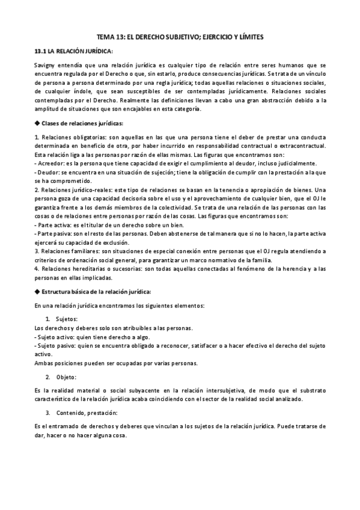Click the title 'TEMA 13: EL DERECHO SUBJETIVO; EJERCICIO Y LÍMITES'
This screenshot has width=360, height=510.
coord(180,37)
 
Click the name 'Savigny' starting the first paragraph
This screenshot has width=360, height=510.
coord(46,65)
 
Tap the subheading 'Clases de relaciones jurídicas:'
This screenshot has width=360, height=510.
coord(82,123)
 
